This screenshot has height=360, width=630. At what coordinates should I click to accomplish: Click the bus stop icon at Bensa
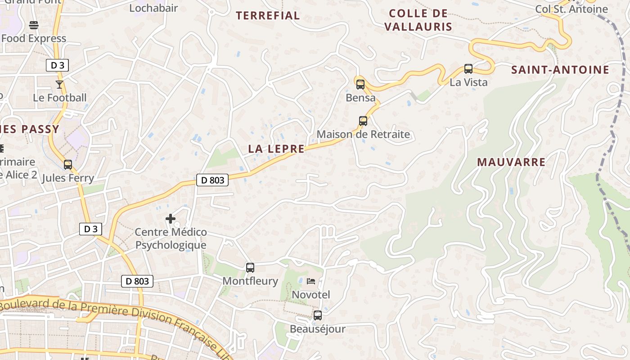coord(360,84)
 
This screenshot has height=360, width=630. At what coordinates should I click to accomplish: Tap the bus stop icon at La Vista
coord(468,69)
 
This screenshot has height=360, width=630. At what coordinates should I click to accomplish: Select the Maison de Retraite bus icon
coord(363,121)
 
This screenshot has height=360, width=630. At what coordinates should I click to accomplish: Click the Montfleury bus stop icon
coord(250,268)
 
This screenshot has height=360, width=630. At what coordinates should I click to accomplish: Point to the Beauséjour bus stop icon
coord(318,315)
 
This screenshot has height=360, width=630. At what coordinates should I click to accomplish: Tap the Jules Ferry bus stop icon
coord(68,165)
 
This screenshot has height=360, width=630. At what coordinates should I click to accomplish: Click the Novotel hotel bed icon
coord(311,281)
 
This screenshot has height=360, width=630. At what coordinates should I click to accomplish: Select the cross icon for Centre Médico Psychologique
coord(171,219)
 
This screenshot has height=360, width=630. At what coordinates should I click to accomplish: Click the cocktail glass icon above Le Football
coord(59,84)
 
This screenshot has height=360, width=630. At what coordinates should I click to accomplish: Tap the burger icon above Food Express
coord(34,25)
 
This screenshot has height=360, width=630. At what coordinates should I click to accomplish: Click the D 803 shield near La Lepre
coord(212,180)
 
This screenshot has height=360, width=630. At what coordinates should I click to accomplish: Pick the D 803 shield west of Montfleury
coord(137,282)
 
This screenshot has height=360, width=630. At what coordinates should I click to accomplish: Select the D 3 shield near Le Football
coord(57,65)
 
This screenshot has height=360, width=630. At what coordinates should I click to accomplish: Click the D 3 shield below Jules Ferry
coord(90,229)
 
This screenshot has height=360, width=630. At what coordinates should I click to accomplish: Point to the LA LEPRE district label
coord(276,149)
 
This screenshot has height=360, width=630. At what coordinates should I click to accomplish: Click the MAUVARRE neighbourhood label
coord(511,162)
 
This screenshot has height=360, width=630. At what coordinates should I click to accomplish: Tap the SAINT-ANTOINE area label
coord(560,70)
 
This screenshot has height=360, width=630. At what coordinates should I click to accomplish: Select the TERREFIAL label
coord(268,16)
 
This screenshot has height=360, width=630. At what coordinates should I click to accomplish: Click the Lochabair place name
coord(153,8)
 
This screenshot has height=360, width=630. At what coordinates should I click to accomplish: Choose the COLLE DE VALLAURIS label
coord(418,20)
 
